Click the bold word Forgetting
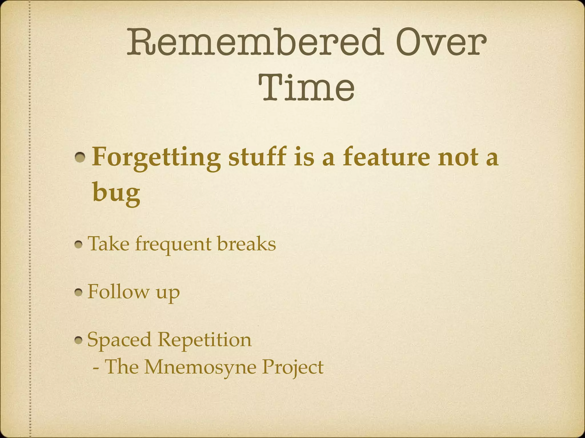pos(156,158)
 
